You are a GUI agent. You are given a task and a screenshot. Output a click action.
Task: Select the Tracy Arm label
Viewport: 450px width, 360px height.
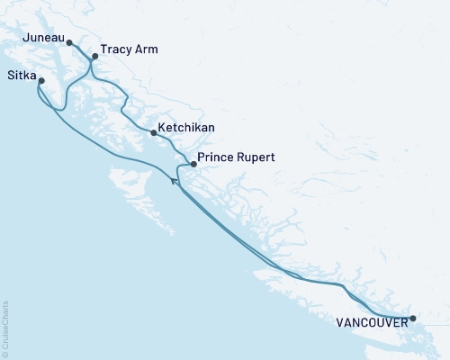[x=130, y=49]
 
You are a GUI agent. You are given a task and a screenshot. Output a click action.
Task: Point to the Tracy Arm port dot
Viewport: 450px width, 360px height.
[x=94, y=56]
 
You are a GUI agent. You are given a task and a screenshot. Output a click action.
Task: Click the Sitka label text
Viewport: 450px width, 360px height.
[x=21, y=75]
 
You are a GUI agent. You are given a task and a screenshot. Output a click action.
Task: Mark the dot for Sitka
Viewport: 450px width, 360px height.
[x=41, y=81]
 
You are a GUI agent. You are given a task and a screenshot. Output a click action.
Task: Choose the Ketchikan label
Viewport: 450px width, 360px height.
[x=186, y=128]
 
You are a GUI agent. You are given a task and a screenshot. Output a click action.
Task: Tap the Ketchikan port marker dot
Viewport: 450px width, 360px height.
[x=154, y=133]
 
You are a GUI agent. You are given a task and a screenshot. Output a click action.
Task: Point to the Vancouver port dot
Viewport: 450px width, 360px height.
[x=413, y=319]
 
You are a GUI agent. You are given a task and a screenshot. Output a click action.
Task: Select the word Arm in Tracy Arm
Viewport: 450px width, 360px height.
[x=146, y=49]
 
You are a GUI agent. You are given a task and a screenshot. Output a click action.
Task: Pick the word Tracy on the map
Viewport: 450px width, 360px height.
[x=117, y=49]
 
